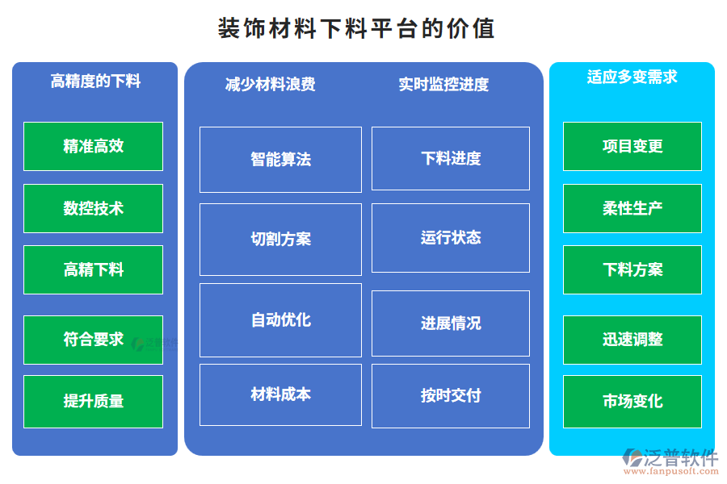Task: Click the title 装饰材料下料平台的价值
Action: coord(356,29)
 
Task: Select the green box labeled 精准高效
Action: coord(93,146)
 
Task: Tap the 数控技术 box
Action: coord(93,208)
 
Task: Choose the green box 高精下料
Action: coord(93,269)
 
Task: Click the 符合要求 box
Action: coord(93,340)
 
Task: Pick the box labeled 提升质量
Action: coord(93,401)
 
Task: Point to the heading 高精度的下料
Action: coord(95,81)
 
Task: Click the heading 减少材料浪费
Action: coord(270,84)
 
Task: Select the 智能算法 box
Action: coord(280,160)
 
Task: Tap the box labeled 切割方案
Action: coord(280,239)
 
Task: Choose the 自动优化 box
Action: coord(280,319)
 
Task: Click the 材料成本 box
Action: coord(280,394)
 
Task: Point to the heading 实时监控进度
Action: coord(443,84)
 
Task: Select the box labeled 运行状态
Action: coord(451,237)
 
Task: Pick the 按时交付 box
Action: coord(451,395)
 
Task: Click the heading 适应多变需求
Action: coord(632,77)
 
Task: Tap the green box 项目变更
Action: coord(632,146)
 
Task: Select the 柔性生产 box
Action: coord(632,208)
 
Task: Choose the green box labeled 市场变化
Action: coord(632,401)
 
